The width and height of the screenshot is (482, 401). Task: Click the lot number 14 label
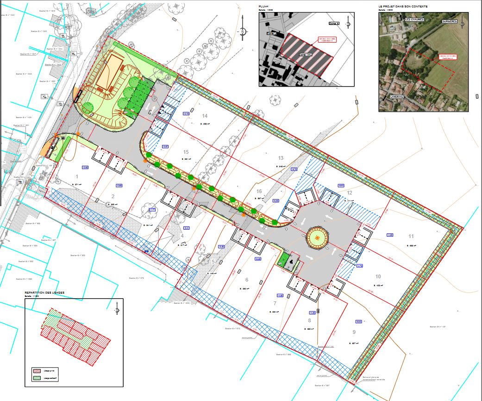(205, 115)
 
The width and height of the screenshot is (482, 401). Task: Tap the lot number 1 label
(77, 176)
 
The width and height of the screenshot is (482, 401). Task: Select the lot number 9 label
(354, 332)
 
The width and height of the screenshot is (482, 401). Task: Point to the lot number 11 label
(411, 236)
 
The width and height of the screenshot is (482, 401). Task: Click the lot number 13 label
(281, 158)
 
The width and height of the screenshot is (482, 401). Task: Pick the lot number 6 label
(247, 280)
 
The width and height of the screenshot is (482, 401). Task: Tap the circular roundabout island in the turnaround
(317, 238)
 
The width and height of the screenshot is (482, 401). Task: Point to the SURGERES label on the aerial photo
(449, 21)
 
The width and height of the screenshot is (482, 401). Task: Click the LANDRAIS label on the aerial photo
(396, 97)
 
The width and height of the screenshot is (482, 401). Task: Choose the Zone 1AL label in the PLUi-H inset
(305, 54)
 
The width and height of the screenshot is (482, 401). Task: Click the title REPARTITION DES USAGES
(44, 293)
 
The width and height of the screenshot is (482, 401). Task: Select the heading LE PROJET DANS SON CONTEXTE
(403, 7)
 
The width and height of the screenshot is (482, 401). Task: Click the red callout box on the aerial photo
(447, 57)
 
